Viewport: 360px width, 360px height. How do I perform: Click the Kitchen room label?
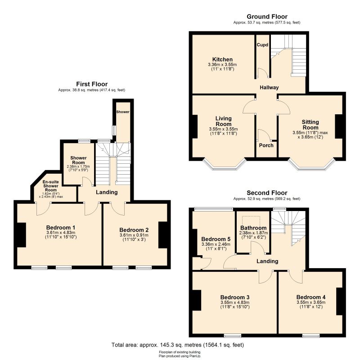click(x=222, y=59)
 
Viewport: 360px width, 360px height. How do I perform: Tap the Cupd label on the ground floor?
click(x=262, y=45)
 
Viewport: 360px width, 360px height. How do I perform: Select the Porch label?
click(x=266, y=145)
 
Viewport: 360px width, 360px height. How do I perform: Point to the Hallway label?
click(x=269, y=87)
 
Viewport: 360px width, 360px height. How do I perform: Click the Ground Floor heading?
click(x=267, y=17)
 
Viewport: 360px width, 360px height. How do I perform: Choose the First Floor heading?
click(x=92, y=84)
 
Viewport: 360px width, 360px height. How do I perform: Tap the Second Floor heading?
click(x=267, y=193)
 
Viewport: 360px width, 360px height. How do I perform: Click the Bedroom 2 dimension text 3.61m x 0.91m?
click(x=134, y=235)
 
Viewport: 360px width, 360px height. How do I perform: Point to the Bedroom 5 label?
click(x=216, y=239)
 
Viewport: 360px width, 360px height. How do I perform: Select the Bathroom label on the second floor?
click(x=253, y=228)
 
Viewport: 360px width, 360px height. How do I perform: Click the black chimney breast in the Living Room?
click(x=195, y=126)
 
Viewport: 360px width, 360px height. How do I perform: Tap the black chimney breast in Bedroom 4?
click(x=339, y=301)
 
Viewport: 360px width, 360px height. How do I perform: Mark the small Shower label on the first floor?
click(x=123, y=112)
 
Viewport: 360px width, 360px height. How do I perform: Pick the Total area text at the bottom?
click(x=178, y=345)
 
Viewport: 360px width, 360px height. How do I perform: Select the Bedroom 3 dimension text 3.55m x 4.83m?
click(x=235, y=302)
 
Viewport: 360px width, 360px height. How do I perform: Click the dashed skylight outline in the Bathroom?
click(x=251, y=221)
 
